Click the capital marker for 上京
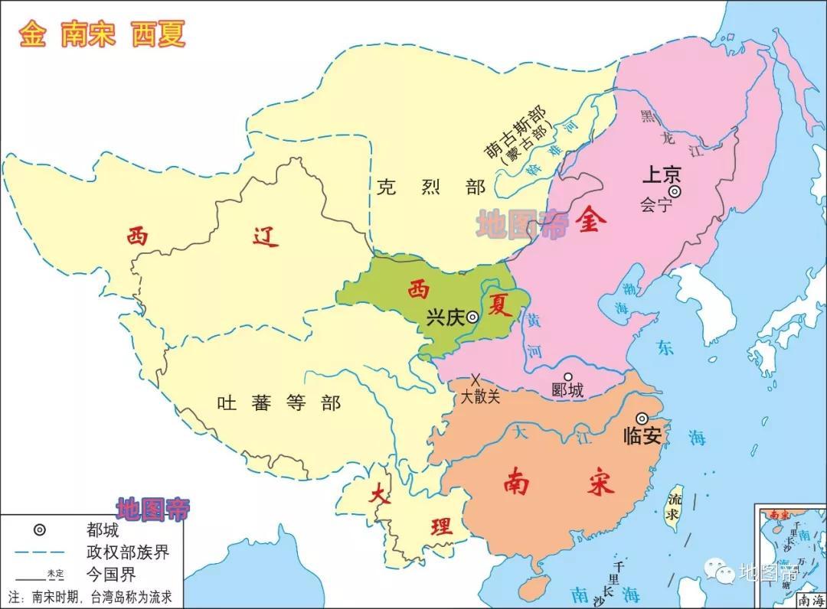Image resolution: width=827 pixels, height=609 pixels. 674,191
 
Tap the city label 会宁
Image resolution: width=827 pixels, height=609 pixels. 656,205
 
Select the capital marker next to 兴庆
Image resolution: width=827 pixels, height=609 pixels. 473,317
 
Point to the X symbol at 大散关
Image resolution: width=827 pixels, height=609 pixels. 476,379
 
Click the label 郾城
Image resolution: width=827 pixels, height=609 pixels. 567,391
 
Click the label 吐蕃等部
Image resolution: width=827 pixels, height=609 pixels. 278,403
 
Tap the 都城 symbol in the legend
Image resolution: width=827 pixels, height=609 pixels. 40,530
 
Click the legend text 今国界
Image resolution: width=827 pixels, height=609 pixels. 112,571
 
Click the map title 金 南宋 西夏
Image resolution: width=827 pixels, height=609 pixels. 103,34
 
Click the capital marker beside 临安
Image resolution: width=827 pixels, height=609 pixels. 642,418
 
